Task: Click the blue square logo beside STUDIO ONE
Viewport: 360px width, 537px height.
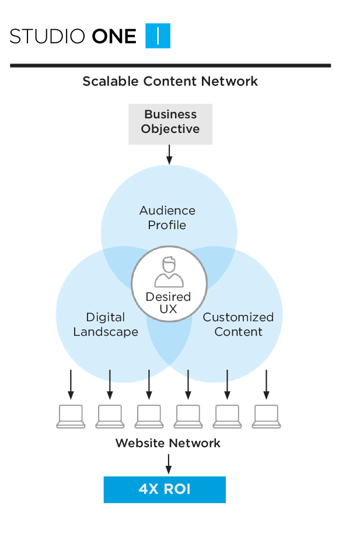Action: tap(158, 36)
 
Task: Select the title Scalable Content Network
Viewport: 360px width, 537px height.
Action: tap(170, 81)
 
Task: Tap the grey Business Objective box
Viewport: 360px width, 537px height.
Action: tap(170, 123)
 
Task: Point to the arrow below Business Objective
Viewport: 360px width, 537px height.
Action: tap(170, 155)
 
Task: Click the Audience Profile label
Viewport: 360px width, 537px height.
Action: tap(167, 217)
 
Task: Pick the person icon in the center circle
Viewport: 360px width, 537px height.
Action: tap(169, 272)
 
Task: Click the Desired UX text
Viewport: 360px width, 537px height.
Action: tap(169, 303)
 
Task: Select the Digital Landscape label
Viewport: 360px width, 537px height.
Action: tap(106, 324)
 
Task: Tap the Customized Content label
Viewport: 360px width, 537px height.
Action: tap(238, 324)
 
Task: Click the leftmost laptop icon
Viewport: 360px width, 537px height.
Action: tap(71, 417)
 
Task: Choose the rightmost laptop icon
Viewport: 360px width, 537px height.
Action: tap(267, 417)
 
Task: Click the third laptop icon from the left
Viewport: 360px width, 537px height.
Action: tap(149, 417)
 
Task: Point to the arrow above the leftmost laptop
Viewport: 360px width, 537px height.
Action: tap(71, 384)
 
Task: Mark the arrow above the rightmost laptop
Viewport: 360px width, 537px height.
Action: tap(267, 384)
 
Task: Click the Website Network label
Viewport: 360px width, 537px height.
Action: tap(168, 443)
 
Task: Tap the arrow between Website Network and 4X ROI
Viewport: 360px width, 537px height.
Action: tap(169, 464)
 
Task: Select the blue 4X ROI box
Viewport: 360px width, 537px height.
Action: tap(165, 489)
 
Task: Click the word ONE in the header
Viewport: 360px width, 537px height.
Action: tap(114, 37)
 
